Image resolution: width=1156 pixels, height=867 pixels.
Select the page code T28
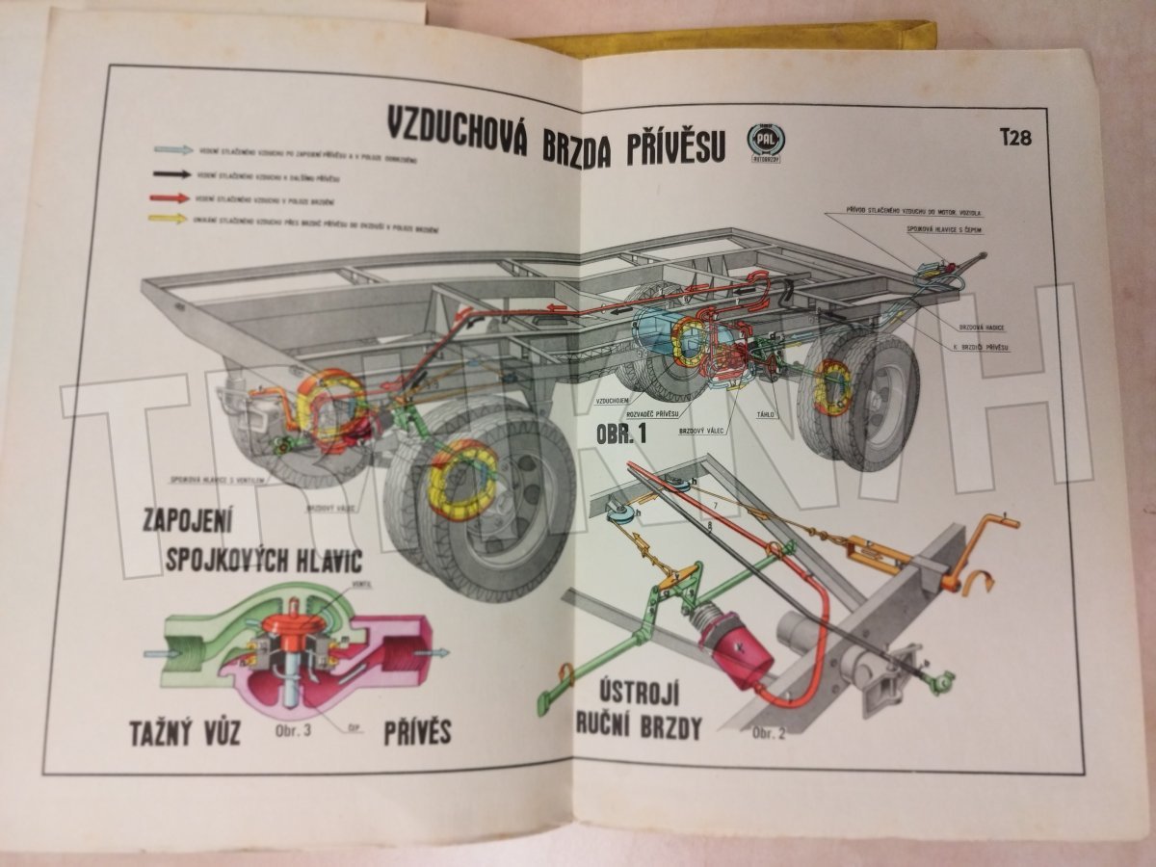tap(1014, 137)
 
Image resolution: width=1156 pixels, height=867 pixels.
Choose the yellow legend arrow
tap(171, 220)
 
